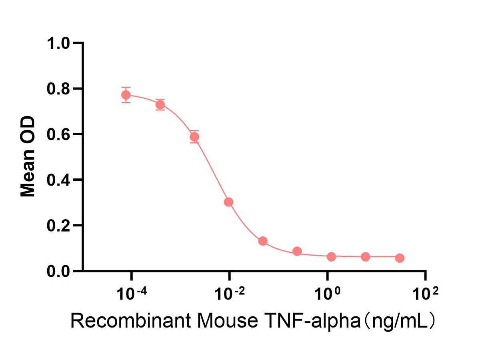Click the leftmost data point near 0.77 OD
point(126,95)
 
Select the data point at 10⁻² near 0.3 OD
point(228,202)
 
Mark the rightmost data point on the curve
point(399,258)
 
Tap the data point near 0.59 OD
point(194,137)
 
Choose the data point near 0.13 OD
point(263,241)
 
